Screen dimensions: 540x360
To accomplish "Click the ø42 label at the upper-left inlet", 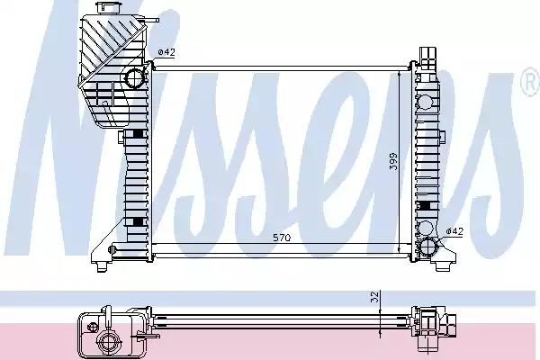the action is [166, 52].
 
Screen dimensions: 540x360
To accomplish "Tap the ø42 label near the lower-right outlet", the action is [454, 231].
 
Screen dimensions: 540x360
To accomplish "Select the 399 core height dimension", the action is [393, 161].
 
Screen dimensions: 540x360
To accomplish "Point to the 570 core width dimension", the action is [282, 238].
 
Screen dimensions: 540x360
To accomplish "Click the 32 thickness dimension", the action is [375, 296].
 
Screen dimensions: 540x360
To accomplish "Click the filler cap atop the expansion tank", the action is [109, 7].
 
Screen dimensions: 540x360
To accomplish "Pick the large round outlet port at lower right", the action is [427, 247].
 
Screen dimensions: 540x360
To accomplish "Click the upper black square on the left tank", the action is [138, 134].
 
